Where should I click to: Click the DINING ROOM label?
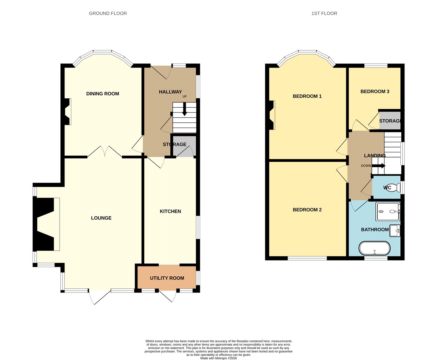102,94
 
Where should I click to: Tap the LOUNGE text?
101,218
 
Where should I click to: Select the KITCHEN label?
170,211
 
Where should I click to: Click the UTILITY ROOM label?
167,278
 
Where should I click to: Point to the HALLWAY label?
170,92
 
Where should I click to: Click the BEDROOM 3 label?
375,92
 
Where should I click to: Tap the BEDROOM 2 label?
307,209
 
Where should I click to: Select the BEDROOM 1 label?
307,96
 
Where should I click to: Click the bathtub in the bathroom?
375,249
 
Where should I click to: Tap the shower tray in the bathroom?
388,212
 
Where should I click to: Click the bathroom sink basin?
395,231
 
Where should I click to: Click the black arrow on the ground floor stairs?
184,109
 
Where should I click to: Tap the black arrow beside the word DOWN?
379,166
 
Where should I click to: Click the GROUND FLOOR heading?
108,13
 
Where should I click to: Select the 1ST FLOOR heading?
324,13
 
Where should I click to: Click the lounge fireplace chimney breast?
44,224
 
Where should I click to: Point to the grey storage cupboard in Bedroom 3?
390,121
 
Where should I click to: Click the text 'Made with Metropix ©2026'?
219,358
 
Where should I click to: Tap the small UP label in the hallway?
184,97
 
